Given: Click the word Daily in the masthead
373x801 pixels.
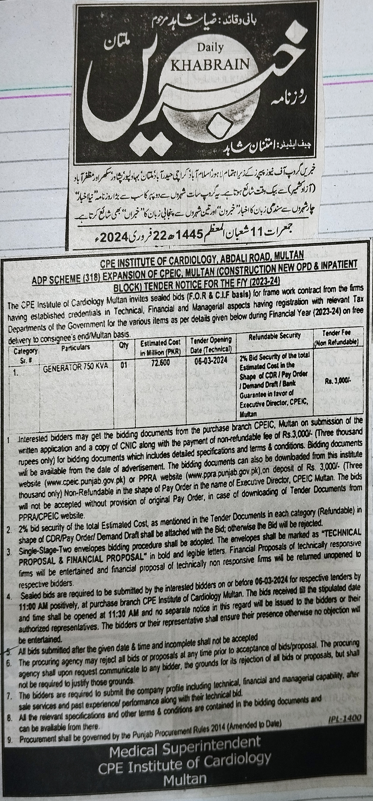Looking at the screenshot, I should tap(210, 48).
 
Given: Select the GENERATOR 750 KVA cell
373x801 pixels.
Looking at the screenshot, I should tap(75, 366).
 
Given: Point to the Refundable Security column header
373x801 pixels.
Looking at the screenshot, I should tap(274, 336).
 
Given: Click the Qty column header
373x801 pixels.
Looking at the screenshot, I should tap(124, 345).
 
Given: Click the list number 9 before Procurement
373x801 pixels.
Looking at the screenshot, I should tap(10, 731).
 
